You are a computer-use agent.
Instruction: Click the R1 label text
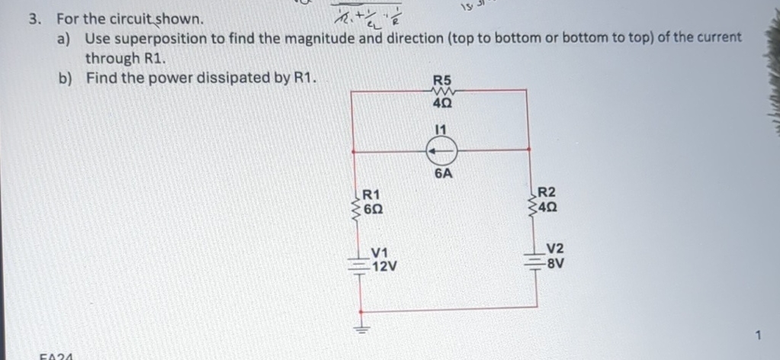tap(373, 194)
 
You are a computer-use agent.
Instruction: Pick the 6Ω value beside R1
tap(374, 207)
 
